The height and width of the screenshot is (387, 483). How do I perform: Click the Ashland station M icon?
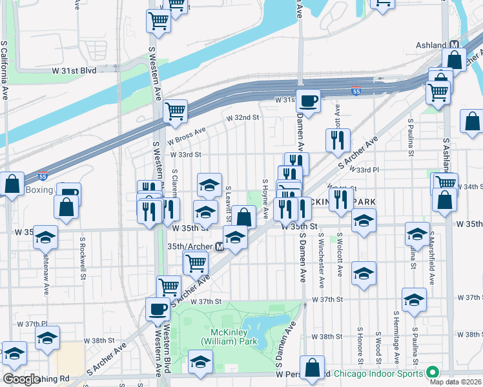coord(455,45)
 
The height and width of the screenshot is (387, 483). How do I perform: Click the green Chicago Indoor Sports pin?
coord(431,373)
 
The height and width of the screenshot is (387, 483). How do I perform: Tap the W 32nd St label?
coord(242,118)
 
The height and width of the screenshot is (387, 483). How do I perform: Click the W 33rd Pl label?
coord(364,170)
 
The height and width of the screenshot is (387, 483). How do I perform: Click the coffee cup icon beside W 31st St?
coord(308,101)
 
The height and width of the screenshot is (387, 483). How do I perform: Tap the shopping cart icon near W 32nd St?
coord(175,111)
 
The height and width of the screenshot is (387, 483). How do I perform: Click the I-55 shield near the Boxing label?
coord(43,175)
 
